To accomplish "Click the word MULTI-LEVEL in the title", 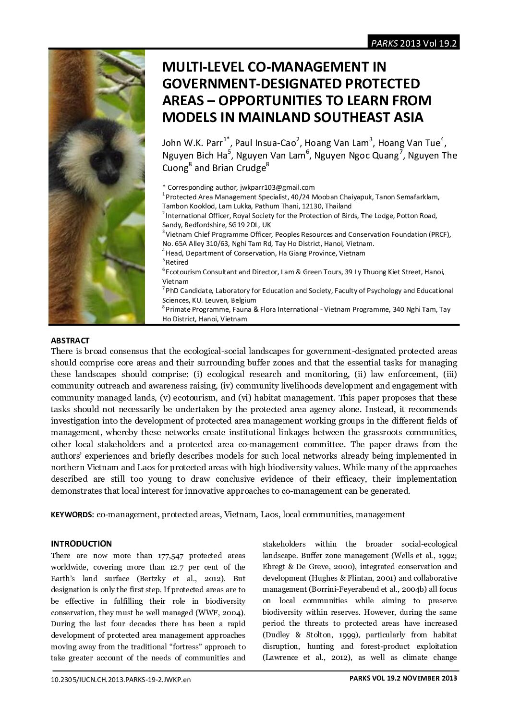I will coord(202,67).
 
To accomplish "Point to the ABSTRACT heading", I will coord(70,341).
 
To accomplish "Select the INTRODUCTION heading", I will coord(81,544).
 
